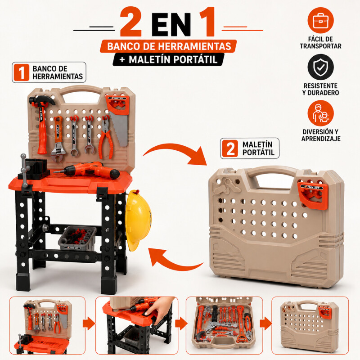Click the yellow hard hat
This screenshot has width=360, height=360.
[x=138, y=220]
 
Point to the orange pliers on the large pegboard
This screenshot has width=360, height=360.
[x=106, y=137]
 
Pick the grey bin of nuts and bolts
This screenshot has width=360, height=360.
[x=77, y=238]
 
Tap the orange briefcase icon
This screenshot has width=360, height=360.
[x=320, y=20]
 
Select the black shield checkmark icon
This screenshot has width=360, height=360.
[x=320, y=67]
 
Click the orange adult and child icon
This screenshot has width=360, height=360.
[x=320, y=113]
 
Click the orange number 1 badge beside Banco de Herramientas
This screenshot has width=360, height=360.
[x=21, y=72]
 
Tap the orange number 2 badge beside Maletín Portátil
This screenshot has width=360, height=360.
[x=230, y=148]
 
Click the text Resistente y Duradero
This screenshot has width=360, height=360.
[x=320, y=89]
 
